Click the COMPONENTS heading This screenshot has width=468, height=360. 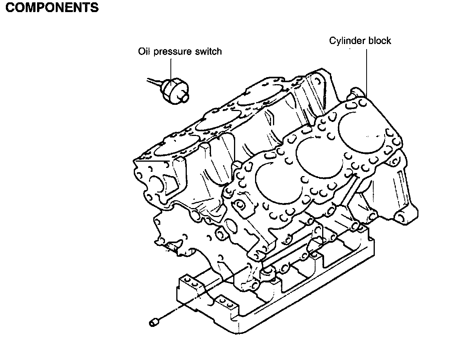pos(52,7)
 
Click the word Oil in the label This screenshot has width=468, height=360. pos(143,51)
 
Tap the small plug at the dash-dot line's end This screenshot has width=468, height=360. pos(154,323)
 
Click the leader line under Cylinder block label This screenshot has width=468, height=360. pos(367,73)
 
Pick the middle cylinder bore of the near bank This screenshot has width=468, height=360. pos(319,157)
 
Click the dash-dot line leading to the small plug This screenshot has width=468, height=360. pos(204,295)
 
